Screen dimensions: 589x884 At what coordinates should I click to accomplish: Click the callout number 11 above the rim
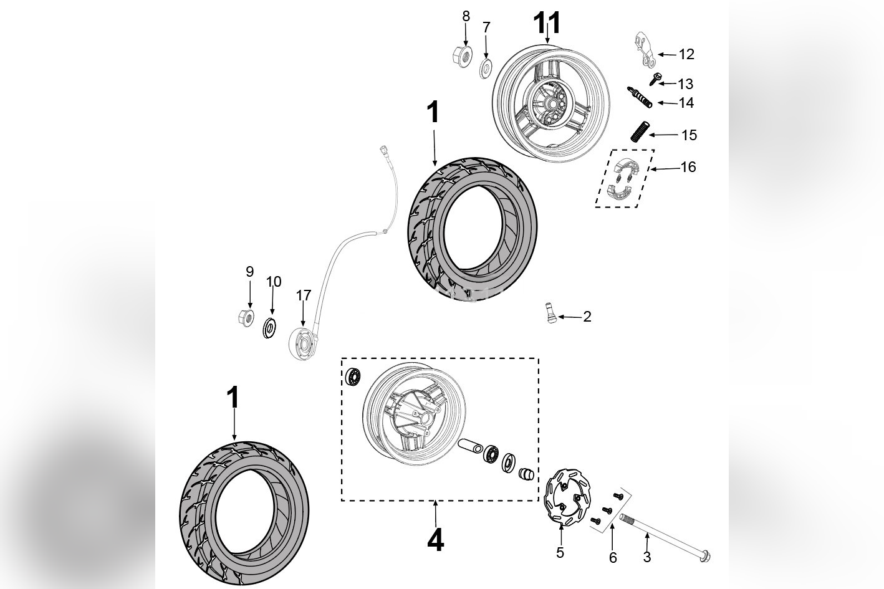click(x=547, y=24)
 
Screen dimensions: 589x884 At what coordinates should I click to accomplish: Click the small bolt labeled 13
click(x=655, y=78)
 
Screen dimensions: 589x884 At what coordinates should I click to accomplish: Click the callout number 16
click(x=688, y=167)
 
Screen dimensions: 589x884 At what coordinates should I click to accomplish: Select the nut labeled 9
click(x=246, y=317)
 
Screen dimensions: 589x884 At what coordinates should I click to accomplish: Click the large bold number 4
click(x=435, y=540)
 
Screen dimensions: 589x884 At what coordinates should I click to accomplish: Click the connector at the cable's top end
click(x=382, y=150)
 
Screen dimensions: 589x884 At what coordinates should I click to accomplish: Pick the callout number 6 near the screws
click(x=612, y=558)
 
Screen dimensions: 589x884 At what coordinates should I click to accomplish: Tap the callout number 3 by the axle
click(x=646, y=557)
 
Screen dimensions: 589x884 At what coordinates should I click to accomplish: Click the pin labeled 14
click(x=640, y=97)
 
